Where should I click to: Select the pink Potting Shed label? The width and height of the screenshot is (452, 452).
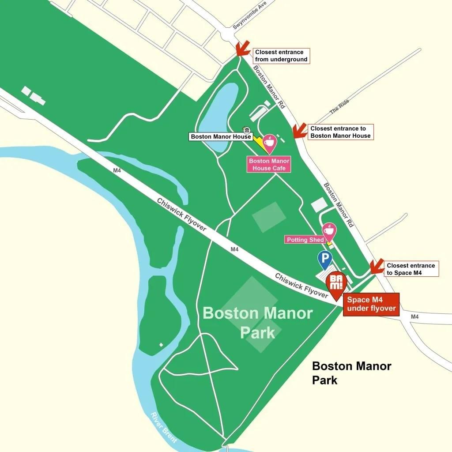[x=305, y=240]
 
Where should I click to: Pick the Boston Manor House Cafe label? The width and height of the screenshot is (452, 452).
[x=269, y=164]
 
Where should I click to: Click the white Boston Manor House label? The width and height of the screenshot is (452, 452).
[x=221, y=137]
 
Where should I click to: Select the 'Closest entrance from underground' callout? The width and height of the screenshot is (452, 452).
[x=281, y=56]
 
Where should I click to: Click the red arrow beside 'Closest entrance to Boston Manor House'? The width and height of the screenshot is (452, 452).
[x=300, y=131]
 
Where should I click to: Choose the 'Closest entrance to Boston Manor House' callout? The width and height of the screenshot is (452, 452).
[x=340, y=132]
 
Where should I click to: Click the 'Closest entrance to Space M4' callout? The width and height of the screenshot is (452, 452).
[x=411, y=269]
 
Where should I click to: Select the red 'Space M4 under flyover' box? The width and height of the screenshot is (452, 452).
[x=371, y=304]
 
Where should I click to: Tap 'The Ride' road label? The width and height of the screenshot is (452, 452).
[x=339, y=107]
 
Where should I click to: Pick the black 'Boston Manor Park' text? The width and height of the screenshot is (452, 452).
[x=351, y=373]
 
